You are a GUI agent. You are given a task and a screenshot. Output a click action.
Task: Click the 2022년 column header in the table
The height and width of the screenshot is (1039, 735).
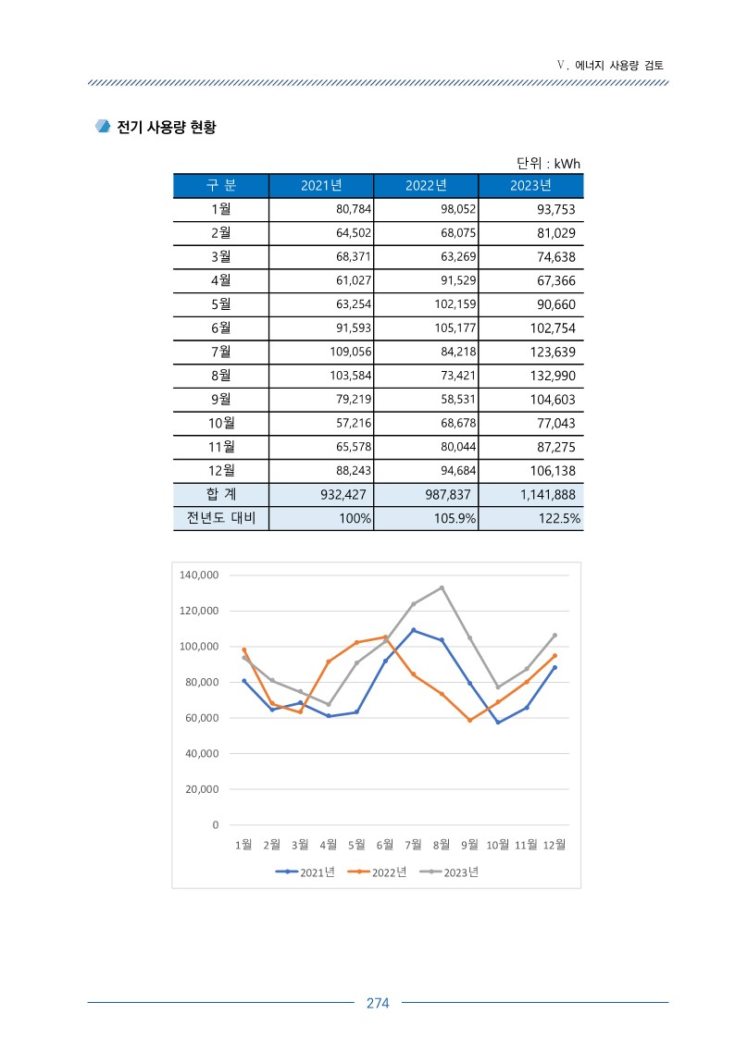[426, 186]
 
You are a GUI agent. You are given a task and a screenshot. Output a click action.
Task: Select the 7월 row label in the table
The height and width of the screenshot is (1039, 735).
[220, 352]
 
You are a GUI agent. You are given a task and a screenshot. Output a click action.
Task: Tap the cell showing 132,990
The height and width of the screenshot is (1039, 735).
[553, 376]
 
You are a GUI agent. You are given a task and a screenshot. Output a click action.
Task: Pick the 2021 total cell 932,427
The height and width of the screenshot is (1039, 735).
[343, 494]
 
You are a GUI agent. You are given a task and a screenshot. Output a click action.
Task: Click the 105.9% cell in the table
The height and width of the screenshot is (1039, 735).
[455, 518]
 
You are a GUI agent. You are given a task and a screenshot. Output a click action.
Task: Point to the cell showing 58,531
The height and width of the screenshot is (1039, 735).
[458, 400]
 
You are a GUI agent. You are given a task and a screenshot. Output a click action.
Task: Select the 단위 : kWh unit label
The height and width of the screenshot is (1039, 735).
[548, 163]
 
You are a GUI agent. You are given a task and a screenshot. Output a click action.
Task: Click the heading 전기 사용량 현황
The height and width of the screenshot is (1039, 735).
[167, 127]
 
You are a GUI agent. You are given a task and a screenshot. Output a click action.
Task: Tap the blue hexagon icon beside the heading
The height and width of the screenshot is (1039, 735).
[103, 126]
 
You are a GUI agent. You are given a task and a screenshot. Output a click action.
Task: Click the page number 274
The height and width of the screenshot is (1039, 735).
[378, 1003]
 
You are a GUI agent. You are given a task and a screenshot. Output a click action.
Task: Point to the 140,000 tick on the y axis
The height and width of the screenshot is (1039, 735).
[199, 575]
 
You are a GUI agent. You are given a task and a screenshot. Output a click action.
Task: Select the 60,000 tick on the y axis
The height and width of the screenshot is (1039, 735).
[202, 718]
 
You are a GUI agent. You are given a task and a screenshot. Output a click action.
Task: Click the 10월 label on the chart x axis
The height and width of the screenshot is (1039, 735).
[498, 845]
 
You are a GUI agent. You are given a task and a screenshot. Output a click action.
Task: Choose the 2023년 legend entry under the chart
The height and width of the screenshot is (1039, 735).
[449, 872]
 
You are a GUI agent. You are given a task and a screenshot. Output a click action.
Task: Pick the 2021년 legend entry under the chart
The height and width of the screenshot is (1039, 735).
[305, 872]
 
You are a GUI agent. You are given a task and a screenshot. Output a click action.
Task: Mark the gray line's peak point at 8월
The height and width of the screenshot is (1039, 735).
[442, 588]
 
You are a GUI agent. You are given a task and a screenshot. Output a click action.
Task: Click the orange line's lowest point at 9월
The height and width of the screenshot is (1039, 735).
[470, 721]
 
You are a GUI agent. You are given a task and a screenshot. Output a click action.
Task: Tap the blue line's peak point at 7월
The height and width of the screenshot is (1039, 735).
[414, 630]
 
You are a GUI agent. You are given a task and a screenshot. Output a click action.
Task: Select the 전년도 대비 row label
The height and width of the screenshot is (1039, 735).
[220, 518]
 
